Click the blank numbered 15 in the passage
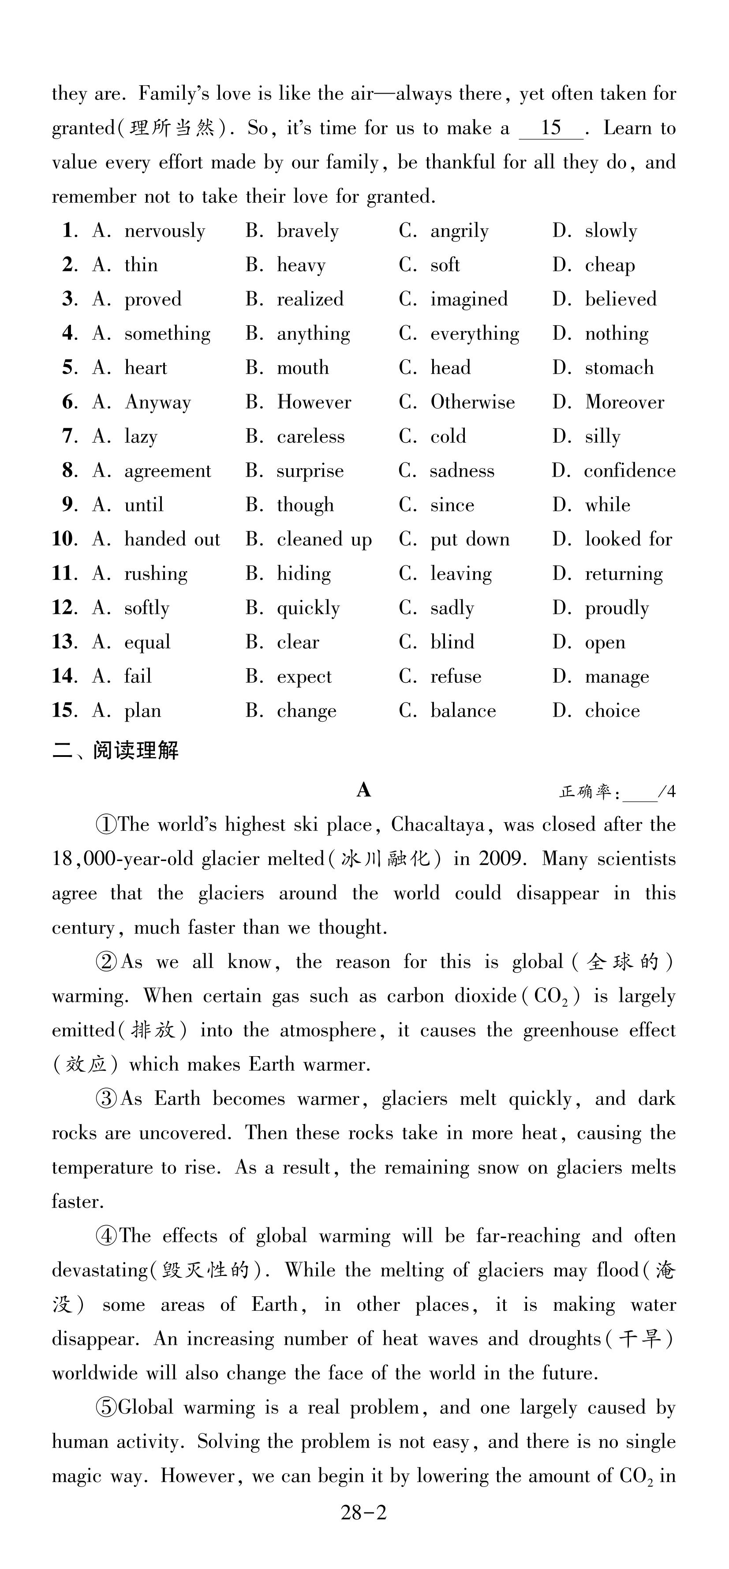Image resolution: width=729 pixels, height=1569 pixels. click(551, 128)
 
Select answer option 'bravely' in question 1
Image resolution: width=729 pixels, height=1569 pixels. click(307, 231)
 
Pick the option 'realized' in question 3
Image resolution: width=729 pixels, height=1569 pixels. click(310, 300)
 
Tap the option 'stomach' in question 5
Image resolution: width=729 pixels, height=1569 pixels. click(619, 368)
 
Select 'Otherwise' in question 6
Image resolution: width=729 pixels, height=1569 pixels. click(472, 402)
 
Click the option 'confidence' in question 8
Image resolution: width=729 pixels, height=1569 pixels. click(629, 471)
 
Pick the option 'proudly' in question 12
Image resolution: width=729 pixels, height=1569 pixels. click(617, 608)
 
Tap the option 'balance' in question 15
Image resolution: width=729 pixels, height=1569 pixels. click(463, 711)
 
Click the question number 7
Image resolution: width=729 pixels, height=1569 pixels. click(69, 436)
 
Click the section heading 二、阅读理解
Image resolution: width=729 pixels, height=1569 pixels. click(116, 750)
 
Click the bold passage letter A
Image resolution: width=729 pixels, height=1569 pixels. click(364, 790)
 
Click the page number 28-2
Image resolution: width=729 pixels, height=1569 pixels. click(363, 1513)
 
